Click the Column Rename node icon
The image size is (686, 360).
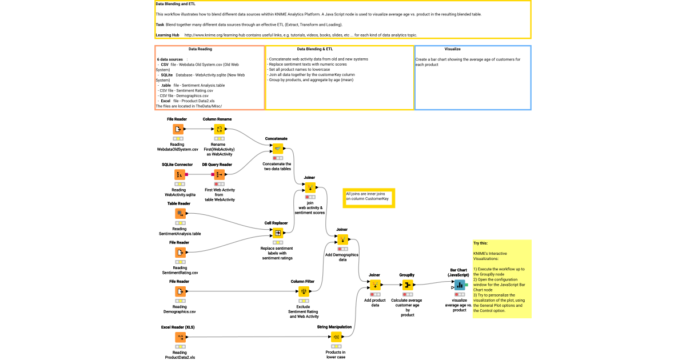tap(220, 130)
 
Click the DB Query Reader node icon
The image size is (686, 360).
tap(220, 174)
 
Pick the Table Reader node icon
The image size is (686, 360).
tap(180, 214)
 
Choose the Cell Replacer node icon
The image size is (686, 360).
tap(278, 233)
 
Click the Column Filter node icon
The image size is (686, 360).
tap(304, 291)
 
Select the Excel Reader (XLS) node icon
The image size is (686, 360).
tap(180, 338)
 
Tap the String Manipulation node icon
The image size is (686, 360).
tap(336, 338)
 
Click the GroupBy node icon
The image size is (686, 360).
tap(406, 285)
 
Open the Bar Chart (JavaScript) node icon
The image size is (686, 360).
tap(460, 285)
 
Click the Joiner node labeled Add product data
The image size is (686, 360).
tap(375, 285)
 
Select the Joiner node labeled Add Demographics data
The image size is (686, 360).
tap(342, 239)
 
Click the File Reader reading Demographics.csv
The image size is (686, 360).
tap(180, 291)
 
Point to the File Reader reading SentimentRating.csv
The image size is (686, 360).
tap(180, 253)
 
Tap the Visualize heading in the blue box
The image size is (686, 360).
tap(452, 49)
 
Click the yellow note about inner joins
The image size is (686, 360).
tap(368, 197)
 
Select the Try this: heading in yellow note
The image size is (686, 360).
tap(480, 243)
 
